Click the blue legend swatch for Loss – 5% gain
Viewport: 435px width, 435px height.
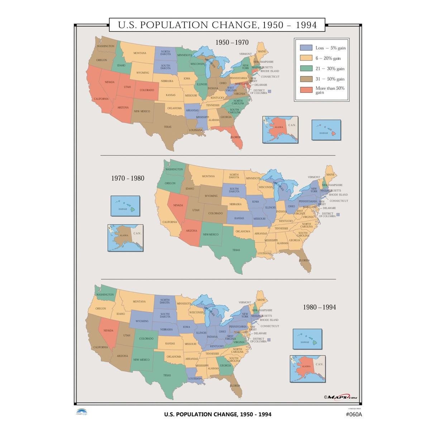(306, 48)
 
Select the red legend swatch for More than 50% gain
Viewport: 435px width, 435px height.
(306, 90)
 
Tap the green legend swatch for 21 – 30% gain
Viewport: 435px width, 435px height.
(306, 68)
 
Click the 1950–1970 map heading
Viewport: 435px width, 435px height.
(232, 42)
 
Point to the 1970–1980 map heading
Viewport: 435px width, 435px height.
(128, 178)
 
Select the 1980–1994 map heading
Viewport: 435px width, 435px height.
(319, 307)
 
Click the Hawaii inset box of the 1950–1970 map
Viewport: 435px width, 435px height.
(326, 130)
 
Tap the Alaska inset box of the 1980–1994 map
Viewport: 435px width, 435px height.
(307, 369)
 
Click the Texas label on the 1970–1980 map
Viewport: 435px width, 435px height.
(236, 250)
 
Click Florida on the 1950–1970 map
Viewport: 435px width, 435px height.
(236, 138)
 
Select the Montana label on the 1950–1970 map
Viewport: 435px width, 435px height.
(140, 53)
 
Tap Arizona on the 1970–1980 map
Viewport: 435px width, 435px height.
(191, 231)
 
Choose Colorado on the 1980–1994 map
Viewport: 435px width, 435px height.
(146, 339)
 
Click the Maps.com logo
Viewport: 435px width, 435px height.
(340, 397)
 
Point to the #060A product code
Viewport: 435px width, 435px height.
(354, 414)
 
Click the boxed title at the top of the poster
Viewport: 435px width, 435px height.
(217, 25)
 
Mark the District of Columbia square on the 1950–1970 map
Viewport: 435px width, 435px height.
(269, 91)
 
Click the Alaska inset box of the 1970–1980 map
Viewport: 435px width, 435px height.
(125, 238)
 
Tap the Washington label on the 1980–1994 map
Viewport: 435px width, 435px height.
(105, 295)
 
